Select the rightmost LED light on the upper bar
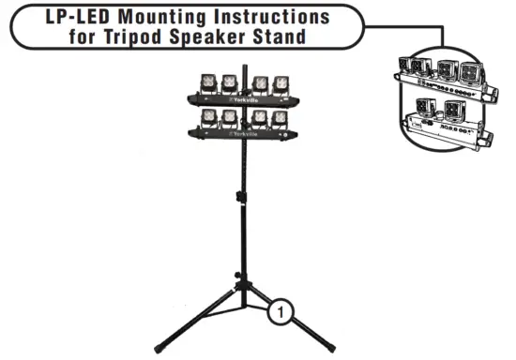click(280, 83)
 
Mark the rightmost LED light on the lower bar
click(280, 118)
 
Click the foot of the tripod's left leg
click(160, 350)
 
